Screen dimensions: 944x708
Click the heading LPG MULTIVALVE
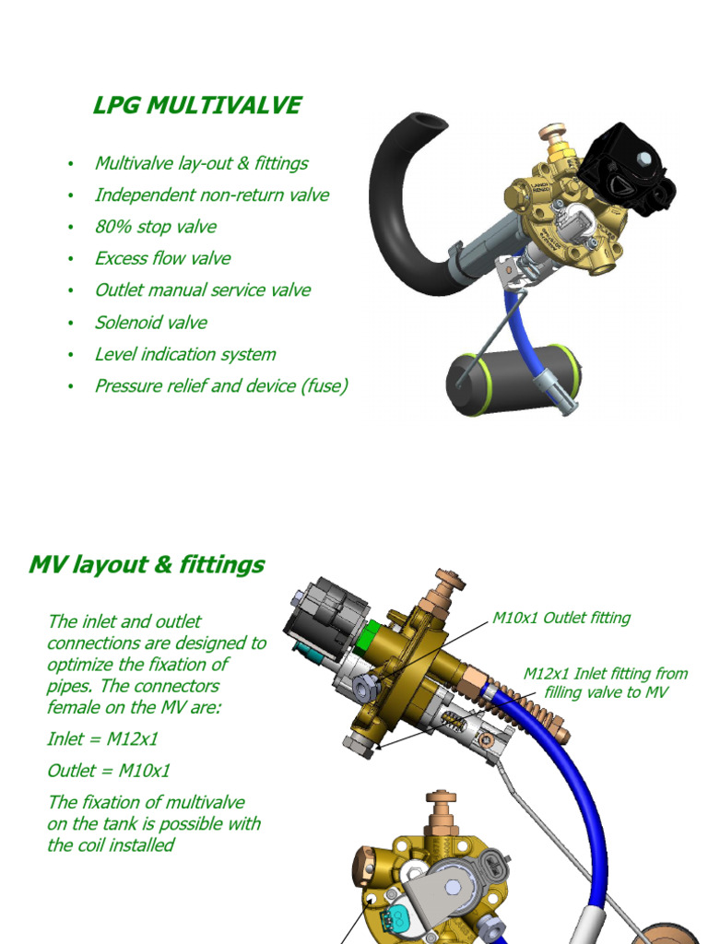(x=196, y=105)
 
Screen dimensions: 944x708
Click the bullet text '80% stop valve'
(x=155, y=227)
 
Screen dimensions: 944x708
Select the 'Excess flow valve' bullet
(x=162, y=258)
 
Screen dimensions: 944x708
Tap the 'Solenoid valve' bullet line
(x=150, y=323)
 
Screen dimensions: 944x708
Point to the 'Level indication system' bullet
(x=184, y=354)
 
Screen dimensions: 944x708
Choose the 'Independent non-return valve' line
(x=211, y=195)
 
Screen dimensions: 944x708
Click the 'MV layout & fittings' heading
(x=147, y=564)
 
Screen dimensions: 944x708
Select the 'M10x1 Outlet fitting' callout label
(x=561, y=618)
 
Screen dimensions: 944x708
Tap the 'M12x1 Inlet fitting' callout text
(x=606, y=674)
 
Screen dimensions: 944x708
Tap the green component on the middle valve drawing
(x=372, y=633)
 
